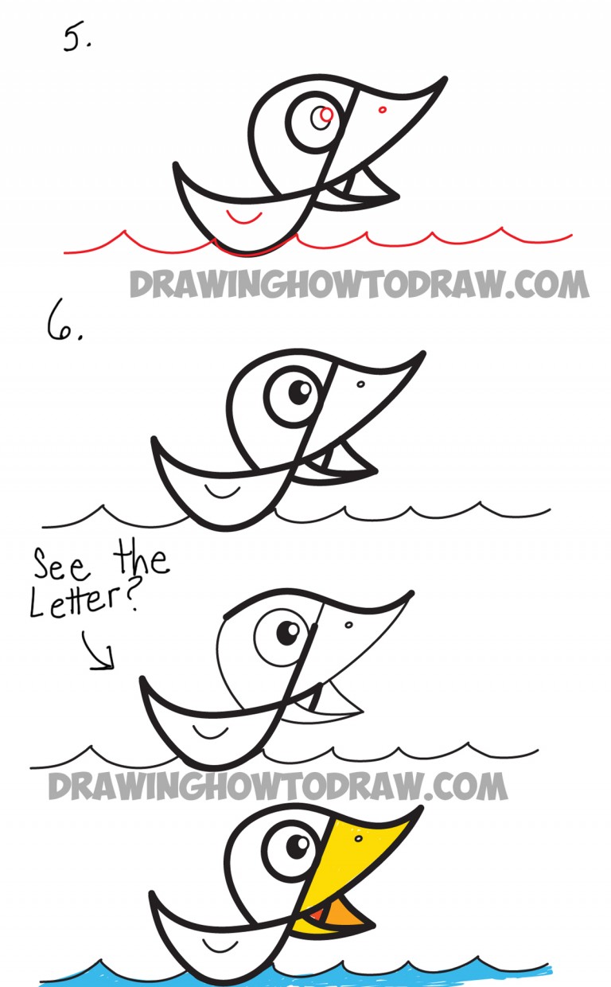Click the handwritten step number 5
[x=78, y=38]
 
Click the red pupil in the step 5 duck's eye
[x=323, y=117]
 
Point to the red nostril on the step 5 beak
[x=383, y=109]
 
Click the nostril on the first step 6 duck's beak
[x=360, y=384]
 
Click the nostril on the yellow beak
[x=358, y=838]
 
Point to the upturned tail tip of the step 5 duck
[x=177, y=166]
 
